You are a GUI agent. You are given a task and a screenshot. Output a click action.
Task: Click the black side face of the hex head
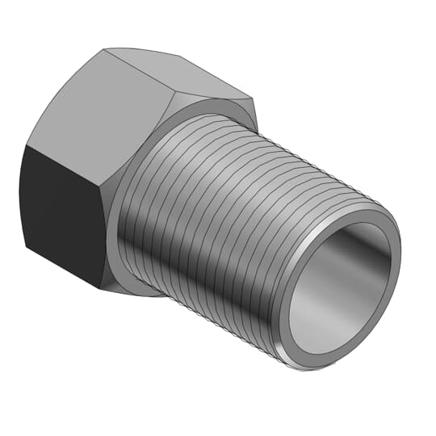[x=61, y=214]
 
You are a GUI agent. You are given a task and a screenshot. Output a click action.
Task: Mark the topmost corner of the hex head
[x=105, y=49]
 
